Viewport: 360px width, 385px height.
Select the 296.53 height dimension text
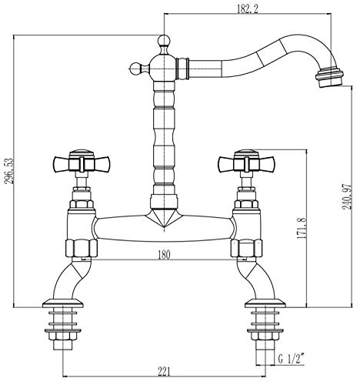pyautogui.click(x=9, y=171)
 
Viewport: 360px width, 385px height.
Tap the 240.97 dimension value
pyautogui.click(x=348, y=196)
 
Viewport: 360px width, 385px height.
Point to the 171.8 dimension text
pyautogui.click(x=302, y=228)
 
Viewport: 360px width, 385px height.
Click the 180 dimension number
pyautogui.click(x=164, y=255)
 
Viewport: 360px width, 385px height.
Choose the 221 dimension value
pyautogui.click(x=164, y=372)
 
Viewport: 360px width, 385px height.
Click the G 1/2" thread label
pyautogui.click(x=292, y=359)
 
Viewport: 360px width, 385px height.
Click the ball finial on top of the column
pyautogui.click(x=164, y=41)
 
